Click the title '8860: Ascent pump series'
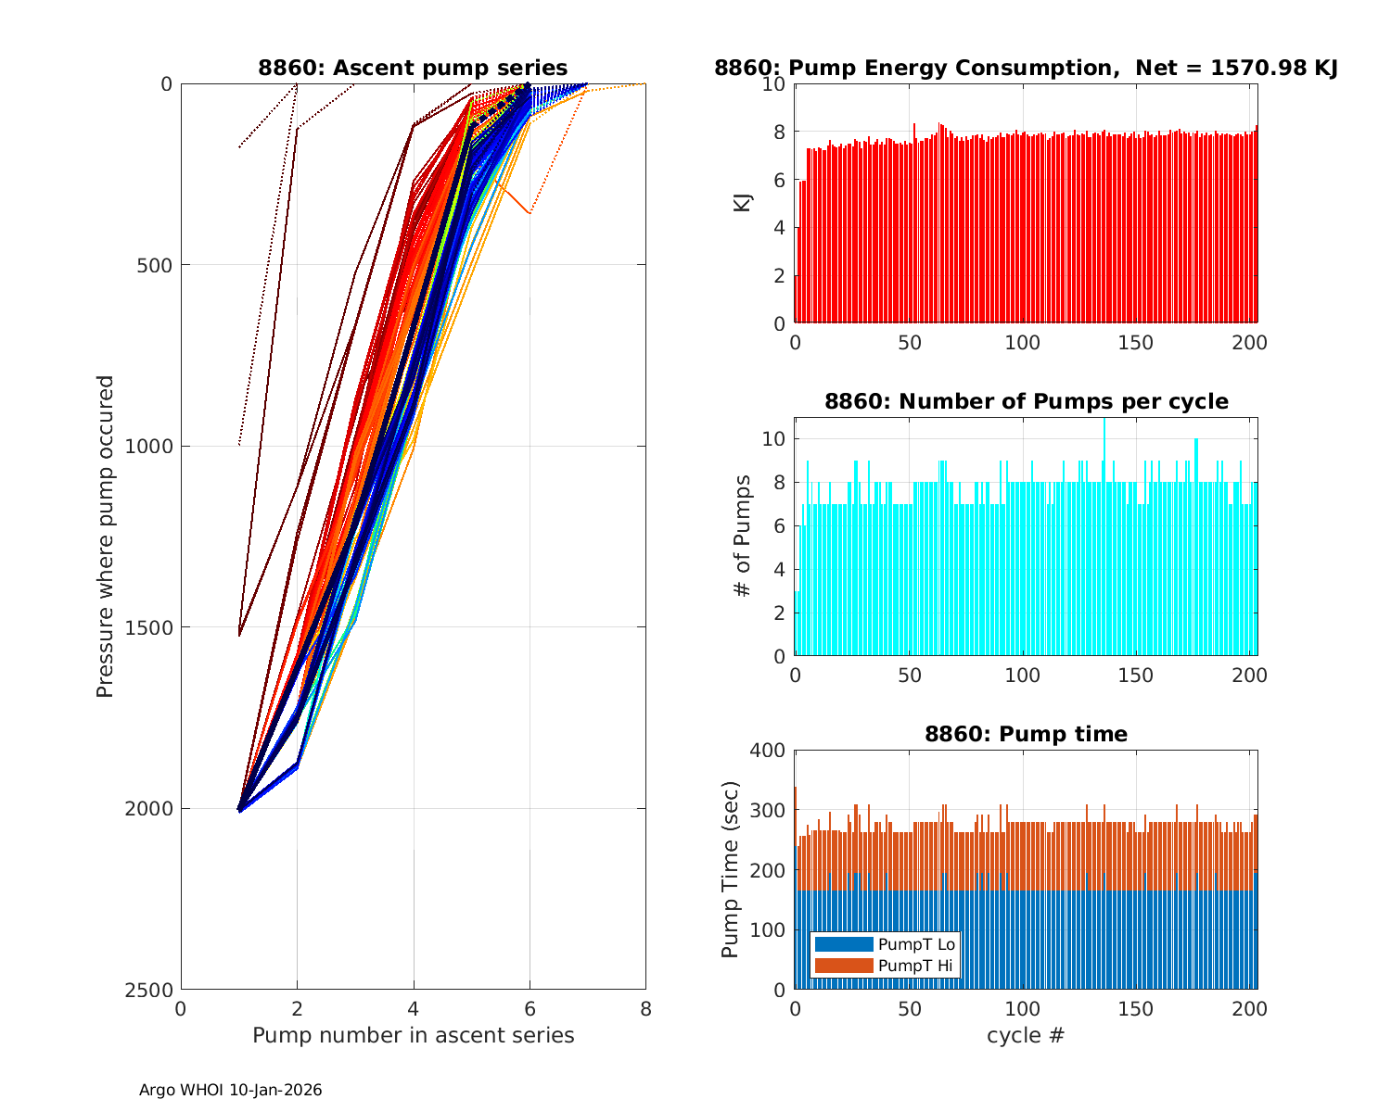pos(413,68)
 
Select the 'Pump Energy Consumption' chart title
pos(1026,68)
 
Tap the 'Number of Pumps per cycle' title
pos(1026,401)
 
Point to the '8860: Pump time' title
pos(1026,734)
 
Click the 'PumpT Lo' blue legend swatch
pos(843,944)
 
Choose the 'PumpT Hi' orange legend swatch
pos(843,966)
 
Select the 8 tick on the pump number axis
pos(645,1008)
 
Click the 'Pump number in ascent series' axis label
pos(413,1035)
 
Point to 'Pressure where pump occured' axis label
pos(105,536)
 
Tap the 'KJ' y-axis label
pos(743,203)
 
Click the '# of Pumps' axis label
pos(743,536)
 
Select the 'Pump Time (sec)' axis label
pos(731,869)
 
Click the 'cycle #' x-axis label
pos(1026,1035)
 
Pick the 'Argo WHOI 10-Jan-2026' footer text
pos(230,1091)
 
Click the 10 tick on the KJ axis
pos(774,84)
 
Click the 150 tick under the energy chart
pos(1136,343)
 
